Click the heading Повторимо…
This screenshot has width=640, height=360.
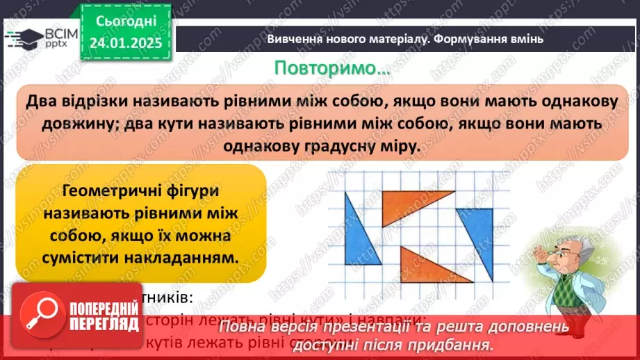(x=331, y=69)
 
